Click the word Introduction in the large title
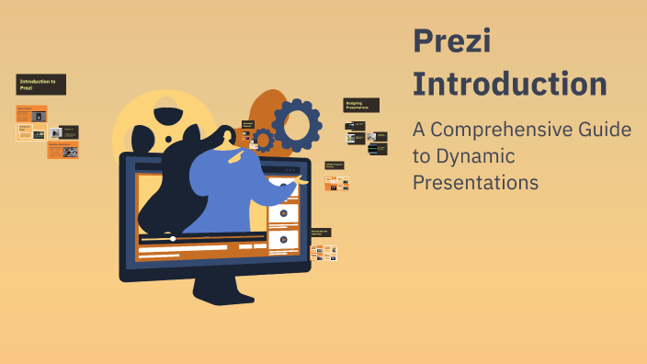click(509, 84)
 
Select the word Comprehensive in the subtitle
click(496, 131)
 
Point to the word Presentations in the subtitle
click(474, 182)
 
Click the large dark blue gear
click(296, 125)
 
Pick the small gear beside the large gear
click(264, 141)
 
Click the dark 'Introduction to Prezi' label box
click(41, 85)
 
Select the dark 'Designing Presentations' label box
click(361, 106)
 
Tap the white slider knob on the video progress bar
click(173, 239)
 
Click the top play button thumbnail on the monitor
click(283, 213)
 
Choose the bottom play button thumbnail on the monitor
click(283, 239)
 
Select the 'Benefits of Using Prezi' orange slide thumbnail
click(62, 151)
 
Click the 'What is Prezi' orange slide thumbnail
click(32, 114)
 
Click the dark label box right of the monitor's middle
click(334, 165)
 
